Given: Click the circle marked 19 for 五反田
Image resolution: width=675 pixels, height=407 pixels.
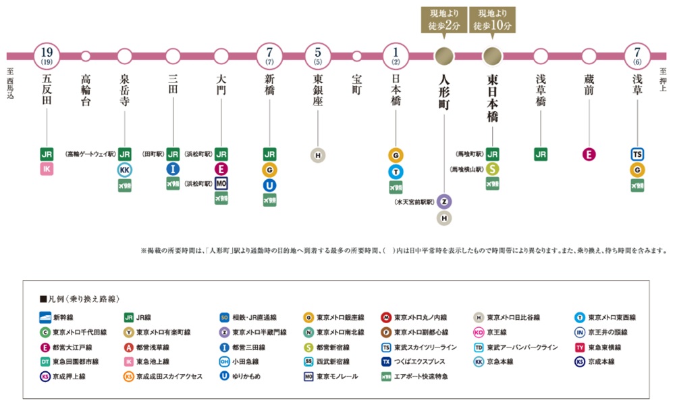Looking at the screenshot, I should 47,55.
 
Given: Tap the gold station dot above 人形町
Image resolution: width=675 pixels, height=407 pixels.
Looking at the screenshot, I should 443,55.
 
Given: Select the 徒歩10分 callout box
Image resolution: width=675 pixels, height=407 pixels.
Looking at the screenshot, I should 491,20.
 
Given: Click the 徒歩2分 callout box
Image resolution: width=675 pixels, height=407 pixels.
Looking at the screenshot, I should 443,20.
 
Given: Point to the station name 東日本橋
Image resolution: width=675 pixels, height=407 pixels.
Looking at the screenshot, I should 492,98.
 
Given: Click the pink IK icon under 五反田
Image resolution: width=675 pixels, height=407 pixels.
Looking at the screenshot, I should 47,168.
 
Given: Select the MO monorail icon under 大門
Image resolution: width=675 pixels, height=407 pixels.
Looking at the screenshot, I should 221,183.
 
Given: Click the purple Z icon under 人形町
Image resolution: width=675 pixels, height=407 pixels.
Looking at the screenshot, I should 443,202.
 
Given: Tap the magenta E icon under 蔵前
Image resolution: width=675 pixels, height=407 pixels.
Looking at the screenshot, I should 589,155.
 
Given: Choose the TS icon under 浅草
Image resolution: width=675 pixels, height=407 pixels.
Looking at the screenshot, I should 638,155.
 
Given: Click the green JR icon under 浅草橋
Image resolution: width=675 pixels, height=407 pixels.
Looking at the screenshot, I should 541,155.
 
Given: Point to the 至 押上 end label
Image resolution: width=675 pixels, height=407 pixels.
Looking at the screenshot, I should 663,82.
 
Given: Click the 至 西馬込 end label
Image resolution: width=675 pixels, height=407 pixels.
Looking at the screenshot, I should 10,84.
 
